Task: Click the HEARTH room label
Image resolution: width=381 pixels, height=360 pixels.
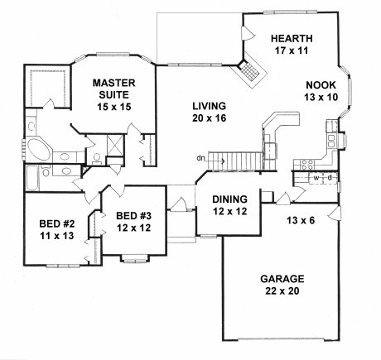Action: [x=292, y=38]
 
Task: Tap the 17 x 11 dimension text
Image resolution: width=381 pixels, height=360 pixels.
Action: [x=292, y=50]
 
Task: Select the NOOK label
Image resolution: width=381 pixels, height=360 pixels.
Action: [x=321, y=85]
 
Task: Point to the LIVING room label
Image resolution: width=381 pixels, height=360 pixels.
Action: [x=209, y=106]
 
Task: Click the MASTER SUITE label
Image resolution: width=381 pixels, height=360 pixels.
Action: [x=113, y=89]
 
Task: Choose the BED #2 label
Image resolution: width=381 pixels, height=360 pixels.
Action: [x=57, y=223]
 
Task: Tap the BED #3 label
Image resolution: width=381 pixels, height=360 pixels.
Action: [x=133, y=216]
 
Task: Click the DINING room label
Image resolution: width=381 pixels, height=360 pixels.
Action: [x=229, y=199]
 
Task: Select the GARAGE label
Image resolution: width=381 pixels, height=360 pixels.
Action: [x=282, y=279]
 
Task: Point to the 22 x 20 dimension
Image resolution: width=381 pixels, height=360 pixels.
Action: [x=282, y=291]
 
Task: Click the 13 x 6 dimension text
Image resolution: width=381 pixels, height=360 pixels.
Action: [x=301, y=220]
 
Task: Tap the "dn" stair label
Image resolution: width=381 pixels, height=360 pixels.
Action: [x=200, y=158]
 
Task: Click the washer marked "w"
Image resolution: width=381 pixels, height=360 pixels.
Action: [x=316, y=178]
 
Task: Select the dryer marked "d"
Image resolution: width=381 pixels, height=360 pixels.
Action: [x=330, y=178]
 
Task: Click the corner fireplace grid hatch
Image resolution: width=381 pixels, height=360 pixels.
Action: [x=249, y=70]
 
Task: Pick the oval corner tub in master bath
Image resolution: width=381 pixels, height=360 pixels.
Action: [x=38, y=150]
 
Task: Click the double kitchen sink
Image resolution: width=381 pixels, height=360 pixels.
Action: [x=331, y=141]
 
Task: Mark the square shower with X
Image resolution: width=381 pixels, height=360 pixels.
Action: [x=114, y=146]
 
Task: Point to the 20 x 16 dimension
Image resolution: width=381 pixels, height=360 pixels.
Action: [x=209, y=118]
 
